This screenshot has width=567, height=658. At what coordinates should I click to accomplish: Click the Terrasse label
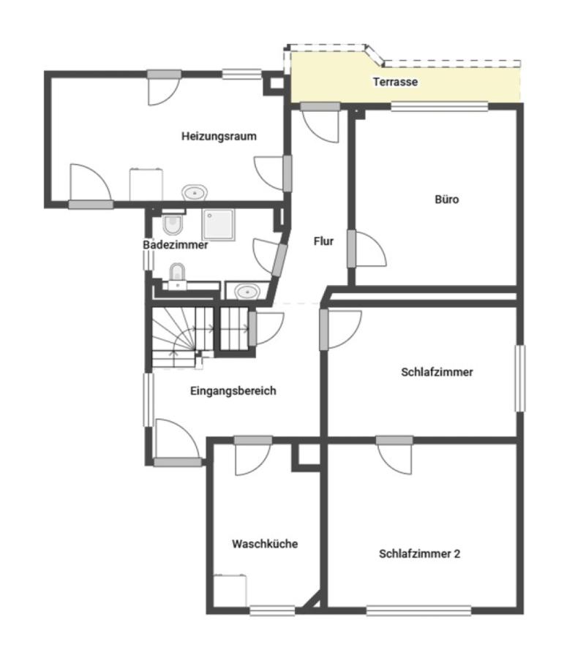395,81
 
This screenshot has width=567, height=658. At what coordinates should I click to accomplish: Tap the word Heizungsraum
219,136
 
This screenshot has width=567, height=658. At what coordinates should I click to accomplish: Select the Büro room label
446,200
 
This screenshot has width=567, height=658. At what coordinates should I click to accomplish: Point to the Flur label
323,241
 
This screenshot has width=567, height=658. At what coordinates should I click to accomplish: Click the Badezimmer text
176,245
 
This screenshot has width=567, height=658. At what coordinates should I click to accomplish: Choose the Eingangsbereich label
233,390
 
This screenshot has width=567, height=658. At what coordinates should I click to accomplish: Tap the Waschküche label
265,544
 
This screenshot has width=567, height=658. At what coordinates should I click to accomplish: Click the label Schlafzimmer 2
420,553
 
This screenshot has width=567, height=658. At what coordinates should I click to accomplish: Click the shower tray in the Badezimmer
219,225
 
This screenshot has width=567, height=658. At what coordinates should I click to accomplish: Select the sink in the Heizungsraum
195,192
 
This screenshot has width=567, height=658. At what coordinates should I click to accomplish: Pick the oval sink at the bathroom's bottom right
247,291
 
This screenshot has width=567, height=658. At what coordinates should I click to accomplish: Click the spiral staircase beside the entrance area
183,338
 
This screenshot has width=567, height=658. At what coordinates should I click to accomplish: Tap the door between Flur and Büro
367,249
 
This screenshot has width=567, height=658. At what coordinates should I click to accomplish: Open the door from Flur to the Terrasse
320,123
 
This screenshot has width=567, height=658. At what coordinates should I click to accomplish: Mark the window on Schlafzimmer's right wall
520,379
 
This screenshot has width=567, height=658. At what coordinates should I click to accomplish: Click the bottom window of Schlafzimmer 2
418,610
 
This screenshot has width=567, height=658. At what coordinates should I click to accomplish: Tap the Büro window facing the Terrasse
439,106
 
